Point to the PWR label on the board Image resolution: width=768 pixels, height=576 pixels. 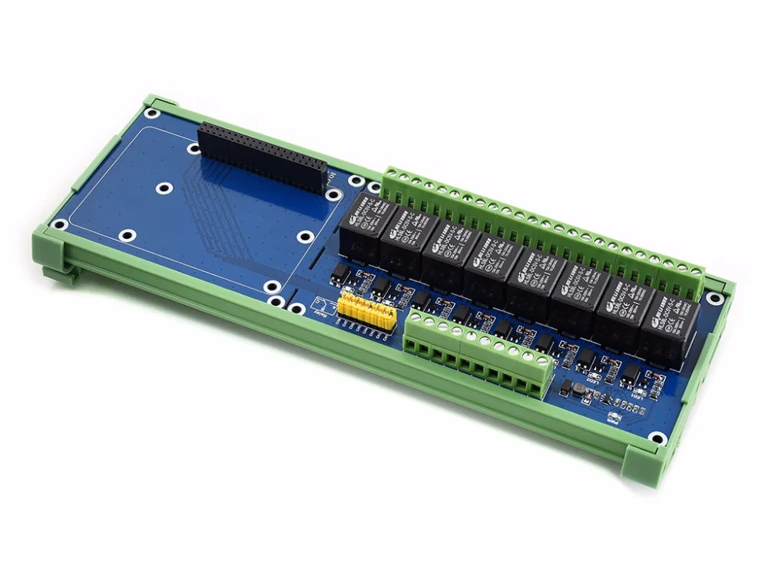pyautogui.click(x=612, y=421)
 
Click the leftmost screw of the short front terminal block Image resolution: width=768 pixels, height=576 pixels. pyautogui.click(x=419, y=317)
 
